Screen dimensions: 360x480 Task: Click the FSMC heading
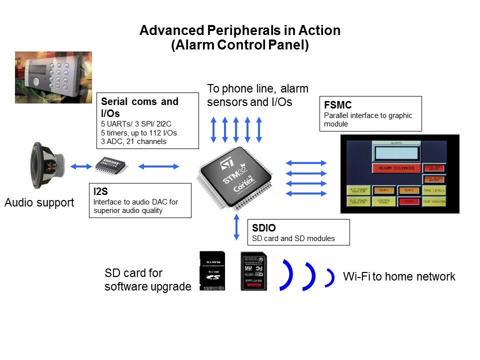338,105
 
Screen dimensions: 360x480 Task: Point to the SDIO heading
263,228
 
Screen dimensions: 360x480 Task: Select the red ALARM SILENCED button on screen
396,168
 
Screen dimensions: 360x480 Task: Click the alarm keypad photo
53,77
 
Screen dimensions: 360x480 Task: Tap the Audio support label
39,203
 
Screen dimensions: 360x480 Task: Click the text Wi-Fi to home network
399,276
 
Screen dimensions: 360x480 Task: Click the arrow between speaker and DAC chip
80,166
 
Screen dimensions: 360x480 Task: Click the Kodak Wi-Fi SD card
253,271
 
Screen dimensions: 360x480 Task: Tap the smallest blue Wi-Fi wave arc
329,278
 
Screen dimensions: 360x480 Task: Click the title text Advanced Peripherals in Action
240,30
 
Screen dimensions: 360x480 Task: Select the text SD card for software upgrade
147,280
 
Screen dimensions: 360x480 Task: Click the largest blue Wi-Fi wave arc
286,275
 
